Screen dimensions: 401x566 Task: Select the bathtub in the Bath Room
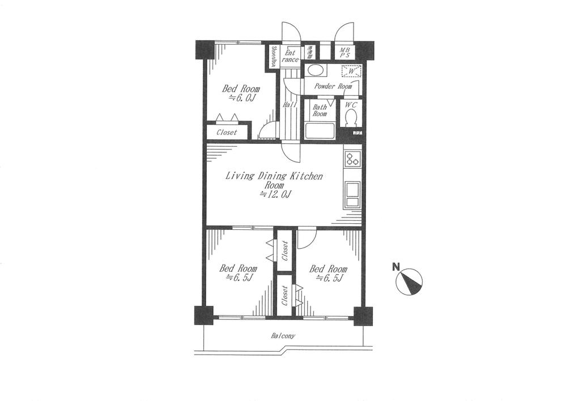[x=320, y=131]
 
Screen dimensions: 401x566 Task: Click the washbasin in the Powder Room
[x=316, y=71]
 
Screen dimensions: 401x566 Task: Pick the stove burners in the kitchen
[x=352, y=159]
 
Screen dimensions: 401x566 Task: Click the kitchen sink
[x=352, y=195]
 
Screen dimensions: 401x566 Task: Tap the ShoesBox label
[x=274, y=57]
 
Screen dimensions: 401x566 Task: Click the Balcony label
[x=283, y=336]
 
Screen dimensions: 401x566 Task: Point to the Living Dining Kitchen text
[x=274, y=176]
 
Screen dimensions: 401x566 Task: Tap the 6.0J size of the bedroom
[x=241, y=98]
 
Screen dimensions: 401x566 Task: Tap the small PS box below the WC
[x=358, y=133]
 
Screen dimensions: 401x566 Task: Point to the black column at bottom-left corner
[x=204, y=315]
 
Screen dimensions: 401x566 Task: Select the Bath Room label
[x=320, y=110]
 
